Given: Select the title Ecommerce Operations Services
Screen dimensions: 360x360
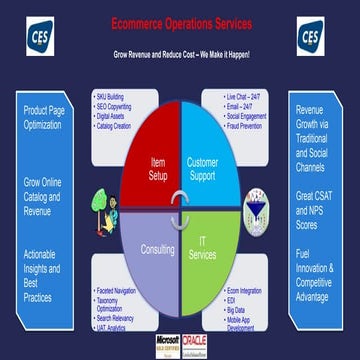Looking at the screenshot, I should pyautogui.click(x=181, y=21).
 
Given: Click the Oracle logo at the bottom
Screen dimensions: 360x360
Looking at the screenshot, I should pyautogui.click(x=196, y=344).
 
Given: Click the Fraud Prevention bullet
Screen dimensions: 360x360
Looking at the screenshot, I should pyautogui.click(x=249, y=126).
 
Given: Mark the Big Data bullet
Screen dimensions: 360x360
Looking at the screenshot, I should pyautogui.click(x=241, y=311).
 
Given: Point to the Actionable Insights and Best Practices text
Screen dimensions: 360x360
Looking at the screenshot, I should pyautogui.click(x=43, y=275).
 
